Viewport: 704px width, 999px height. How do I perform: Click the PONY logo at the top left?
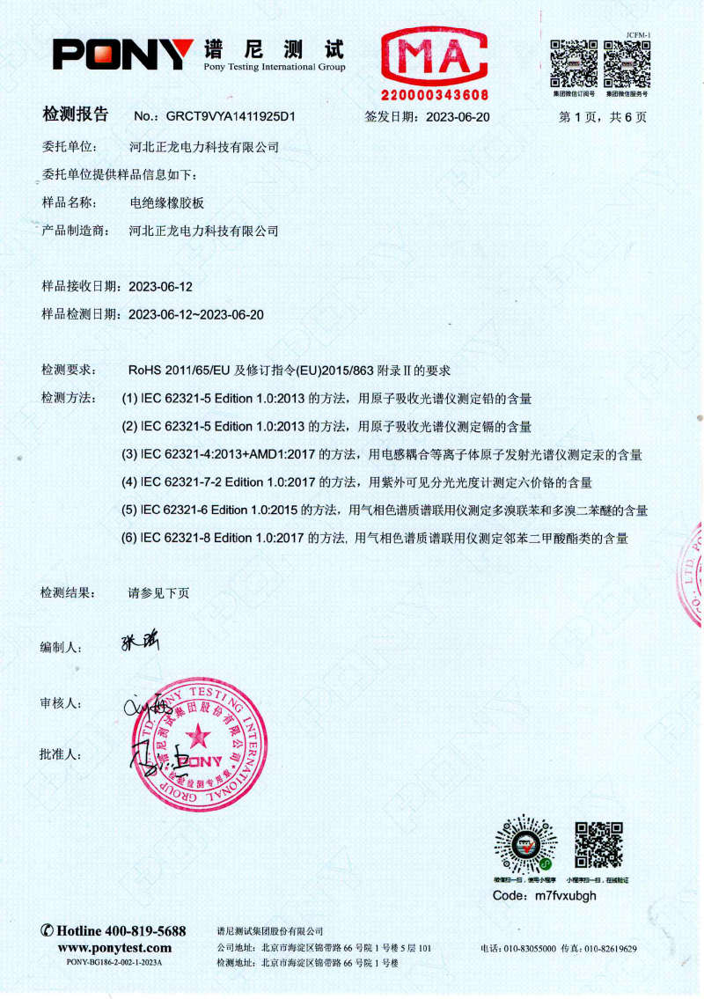pos(122,55)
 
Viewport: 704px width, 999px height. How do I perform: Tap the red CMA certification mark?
pos(433,56)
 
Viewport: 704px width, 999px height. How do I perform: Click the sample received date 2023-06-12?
pos(160,287)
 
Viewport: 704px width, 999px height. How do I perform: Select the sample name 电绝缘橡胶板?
pos(166,202)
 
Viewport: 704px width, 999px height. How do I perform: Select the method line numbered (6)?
pos(375,537)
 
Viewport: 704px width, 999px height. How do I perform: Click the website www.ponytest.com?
pos(114,947)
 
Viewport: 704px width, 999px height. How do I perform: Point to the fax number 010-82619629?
pos(611,949)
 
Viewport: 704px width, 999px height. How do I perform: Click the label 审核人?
pos(61,704)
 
